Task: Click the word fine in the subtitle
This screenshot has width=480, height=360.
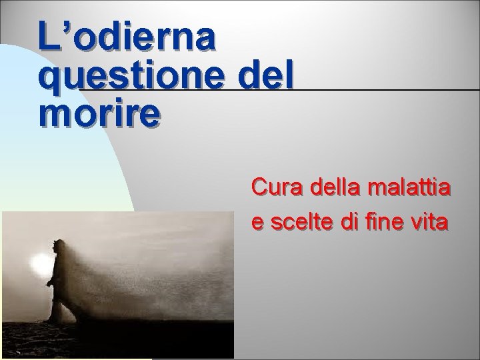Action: (380, 223)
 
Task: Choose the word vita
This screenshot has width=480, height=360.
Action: (430, 223)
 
